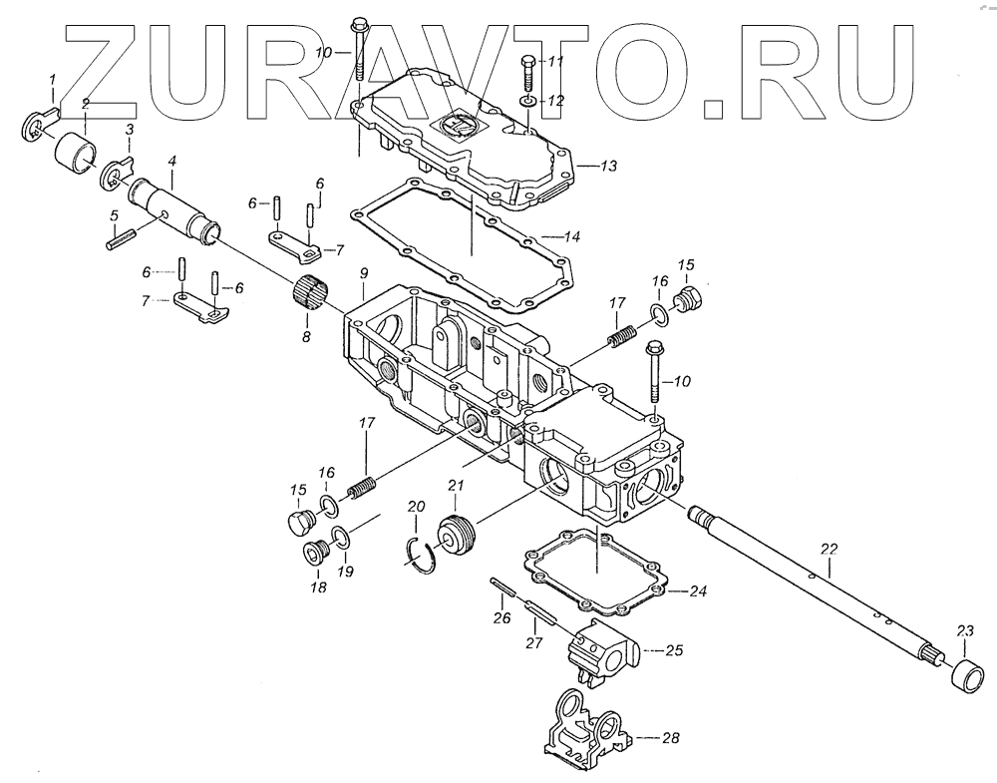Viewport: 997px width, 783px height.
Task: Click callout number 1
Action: click(53, 79)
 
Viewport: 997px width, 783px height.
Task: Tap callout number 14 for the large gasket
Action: click(568, 237)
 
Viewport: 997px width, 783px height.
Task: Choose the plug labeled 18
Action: click(315, 554)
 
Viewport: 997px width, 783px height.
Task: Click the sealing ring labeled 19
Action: click(340, 540)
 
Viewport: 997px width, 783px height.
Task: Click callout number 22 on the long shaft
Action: click(830, 548)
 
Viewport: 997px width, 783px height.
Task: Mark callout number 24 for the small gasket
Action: click(698, 591)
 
